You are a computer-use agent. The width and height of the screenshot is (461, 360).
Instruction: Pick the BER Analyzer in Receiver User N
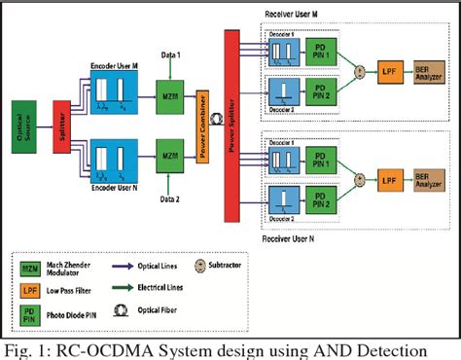click(429, 178)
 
